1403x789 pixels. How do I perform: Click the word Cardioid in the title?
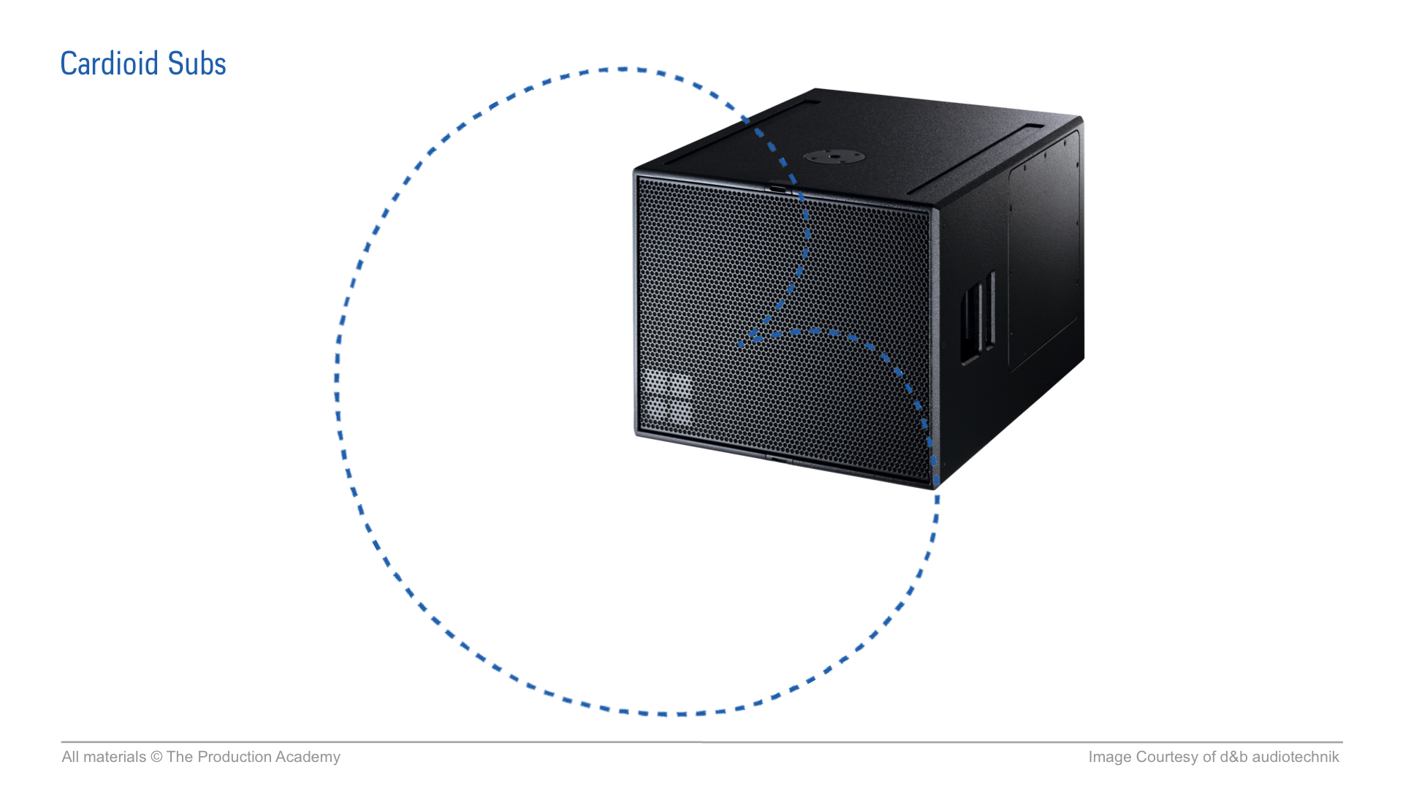110,64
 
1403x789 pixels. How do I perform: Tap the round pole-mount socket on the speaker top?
834,156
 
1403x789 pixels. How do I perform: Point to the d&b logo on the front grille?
666,397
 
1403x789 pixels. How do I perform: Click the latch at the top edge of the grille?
777,188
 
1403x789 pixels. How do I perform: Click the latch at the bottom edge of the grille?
777,460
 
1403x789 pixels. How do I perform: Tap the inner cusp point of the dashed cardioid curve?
742,343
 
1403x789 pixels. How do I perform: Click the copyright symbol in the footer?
156,758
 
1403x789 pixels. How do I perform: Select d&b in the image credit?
1233,758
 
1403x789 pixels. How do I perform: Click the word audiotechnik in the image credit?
1296,758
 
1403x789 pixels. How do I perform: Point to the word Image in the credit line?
1109,758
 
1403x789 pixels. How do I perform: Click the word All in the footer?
70,758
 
